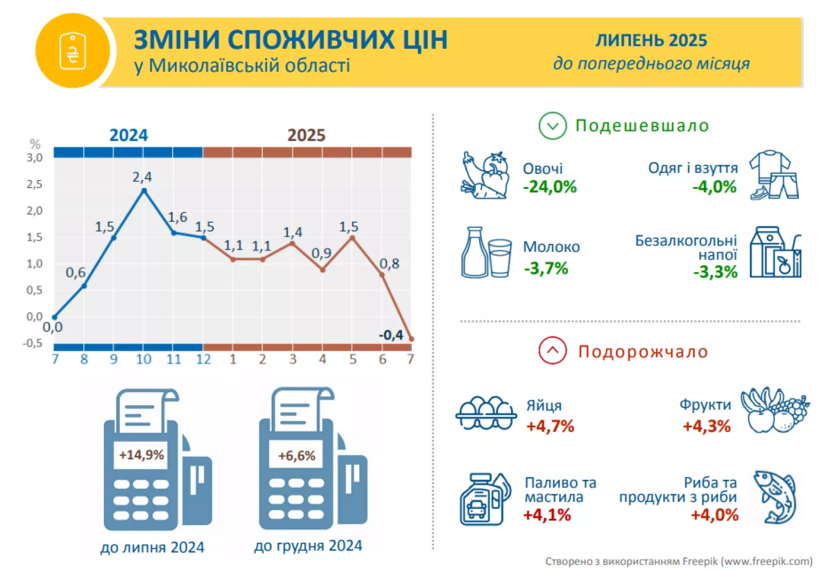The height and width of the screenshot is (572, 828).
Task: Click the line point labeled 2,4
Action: click(x=144, y=190)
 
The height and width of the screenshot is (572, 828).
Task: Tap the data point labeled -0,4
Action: click(x=411, y=338)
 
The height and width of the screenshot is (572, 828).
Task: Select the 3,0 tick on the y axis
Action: click(x=35, y=158)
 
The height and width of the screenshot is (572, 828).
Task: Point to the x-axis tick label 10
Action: click(x=144, y=359)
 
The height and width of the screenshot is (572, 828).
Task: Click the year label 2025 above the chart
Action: click(x=306, y=135)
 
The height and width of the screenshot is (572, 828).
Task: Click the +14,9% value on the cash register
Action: click(x=141, y=455)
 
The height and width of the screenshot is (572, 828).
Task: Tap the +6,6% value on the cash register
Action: click(x=296, y=456)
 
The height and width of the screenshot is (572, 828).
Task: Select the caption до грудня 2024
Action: click(x=308, y=546)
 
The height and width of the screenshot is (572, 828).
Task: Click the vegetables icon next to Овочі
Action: click(x=485, y=175)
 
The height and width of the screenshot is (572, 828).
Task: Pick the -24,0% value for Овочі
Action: click(x=550, y=187)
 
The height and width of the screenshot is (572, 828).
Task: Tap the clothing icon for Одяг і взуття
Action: click(x=774, y=175)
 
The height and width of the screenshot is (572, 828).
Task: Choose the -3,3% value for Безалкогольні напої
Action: click(x=715, y=272)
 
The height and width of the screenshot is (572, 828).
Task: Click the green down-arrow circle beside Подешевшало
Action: click(x=553, y=126)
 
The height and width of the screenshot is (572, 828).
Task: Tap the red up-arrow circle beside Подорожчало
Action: click(x=553, y=351)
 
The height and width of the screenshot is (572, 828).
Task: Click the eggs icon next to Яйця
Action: click(x=485, y=413)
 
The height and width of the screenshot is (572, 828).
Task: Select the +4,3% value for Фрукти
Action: click(x=707, y=426)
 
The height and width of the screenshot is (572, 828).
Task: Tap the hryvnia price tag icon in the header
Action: click(x=73, y=51)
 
